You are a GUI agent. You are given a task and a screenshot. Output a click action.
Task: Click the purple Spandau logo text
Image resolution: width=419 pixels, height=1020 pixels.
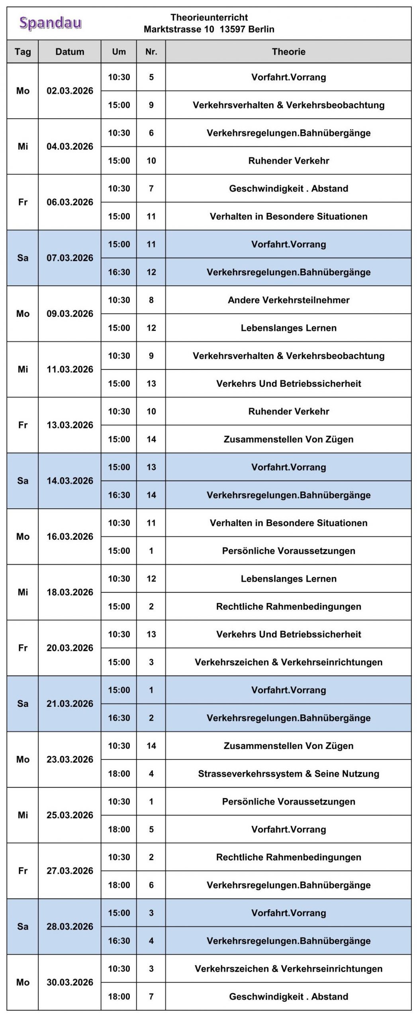(51, 24)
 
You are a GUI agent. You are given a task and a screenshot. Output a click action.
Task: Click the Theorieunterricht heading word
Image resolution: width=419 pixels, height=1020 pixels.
(209, 18)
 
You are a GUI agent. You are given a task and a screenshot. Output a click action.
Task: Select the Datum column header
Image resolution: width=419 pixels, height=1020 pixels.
(70, 52)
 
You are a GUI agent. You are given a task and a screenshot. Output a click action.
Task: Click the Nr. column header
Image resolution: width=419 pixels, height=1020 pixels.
(151, 52)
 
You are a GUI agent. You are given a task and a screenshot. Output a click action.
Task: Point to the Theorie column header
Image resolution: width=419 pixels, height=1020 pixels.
(288, 52)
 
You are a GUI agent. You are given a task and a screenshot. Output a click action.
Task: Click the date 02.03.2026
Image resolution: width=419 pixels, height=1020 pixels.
(70, 91)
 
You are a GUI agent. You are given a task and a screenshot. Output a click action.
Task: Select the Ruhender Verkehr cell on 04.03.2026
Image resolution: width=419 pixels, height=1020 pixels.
(288, 161)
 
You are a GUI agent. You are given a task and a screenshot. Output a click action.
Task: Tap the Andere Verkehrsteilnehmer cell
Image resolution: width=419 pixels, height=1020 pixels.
(288, 300)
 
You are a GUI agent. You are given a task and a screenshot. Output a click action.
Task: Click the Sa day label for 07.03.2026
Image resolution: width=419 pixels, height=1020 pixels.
(23, 258)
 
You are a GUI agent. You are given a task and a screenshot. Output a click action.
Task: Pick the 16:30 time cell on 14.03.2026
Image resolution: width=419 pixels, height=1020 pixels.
(119, 495)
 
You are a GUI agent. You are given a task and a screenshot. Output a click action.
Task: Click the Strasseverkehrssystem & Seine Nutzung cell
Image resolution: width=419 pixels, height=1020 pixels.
(288, 773)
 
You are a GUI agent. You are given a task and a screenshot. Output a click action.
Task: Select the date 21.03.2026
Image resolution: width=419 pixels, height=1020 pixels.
(70, 704)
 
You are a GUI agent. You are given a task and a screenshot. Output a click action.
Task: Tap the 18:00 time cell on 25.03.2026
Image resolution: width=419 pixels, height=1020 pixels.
(119, 829)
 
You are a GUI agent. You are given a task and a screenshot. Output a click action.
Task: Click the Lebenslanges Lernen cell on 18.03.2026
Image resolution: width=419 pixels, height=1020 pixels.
(288, 579)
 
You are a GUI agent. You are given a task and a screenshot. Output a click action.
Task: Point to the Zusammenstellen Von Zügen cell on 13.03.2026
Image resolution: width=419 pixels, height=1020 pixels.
(288, 439)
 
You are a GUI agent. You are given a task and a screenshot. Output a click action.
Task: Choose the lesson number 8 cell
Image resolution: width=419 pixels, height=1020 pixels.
(151, 300)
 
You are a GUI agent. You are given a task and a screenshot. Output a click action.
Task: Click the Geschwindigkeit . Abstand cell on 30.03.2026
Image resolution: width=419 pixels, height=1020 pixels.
(288, 996)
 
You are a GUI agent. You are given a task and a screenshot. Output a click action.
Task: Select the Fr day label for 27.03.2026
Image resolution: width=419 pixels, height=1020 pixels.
(23, 871)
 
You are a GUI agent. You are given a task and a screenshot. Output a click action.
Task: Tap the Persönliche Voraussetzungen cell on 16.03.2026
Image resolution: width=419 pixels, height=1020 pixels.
(288, 551)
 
